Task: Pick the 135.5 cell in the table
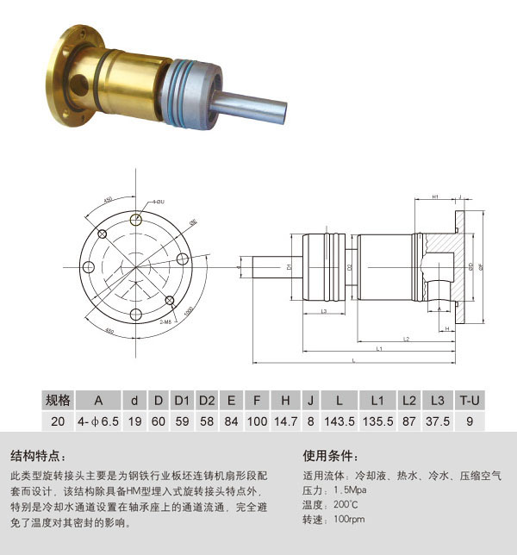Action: pos(377,421)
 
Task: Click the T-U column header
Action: pos(469,400)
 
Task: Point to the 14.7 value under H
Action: pos(285,421)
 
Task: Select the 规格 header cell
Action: pos(58,400)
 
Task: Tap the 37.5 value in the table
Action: pos(438,421)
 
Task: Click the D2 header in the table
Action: pos(207,400)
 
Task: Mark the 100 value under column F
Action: pos(257,421)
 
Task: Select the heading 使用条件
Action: pos(331,456)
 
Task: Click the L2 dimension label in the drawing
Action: pos(405,339)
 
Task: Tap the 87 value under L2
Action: pos(409,421)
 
